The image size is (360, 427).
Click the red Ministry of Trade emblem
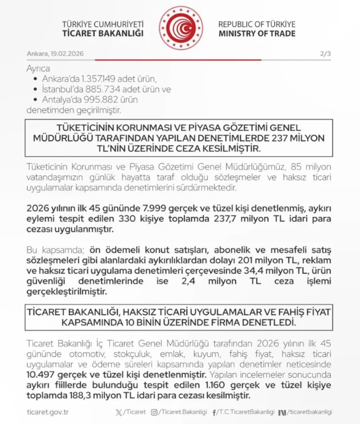(x=180, y=27)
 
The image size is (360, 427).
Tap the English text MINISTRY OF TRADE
(x=257, y=33)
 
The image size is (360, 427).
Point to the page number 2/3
(x=326, y=53)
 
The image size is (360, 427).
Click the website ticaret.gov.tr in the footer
(x=48, y=412)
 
